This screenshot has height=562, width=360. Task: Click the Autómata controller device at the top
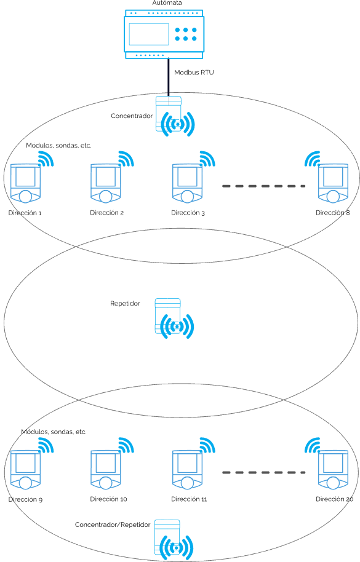tap(164, 34)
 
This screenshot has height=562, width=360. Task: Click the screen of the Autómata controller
tap(149, 34)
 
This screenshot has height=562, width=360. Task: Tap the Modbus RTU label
tap(194, 73)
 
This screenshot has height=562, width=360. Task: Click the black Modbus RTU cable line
tap(168, 77)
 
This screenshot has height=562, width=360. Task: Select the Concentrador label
tap(132, 116)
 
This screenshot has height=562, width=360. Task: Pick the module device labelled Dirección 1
tap(25, 183)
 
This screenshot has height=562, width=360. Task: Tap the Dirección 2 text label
tap(107, 213)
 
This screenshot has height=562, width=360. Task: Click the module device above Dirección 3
tap(187, 183)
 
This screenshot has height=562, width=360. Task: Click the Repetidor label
tap(125, 303)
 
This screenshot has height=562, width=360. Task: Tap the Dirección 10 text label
tap(109, 499)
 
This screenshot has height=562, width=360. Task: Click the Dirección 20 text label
tap(335, 499)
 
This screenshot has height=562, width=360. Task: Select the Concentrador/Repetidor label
tap(113, 524)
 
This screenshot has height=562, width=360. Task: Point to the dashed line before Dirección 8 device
tap(263, 186)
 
